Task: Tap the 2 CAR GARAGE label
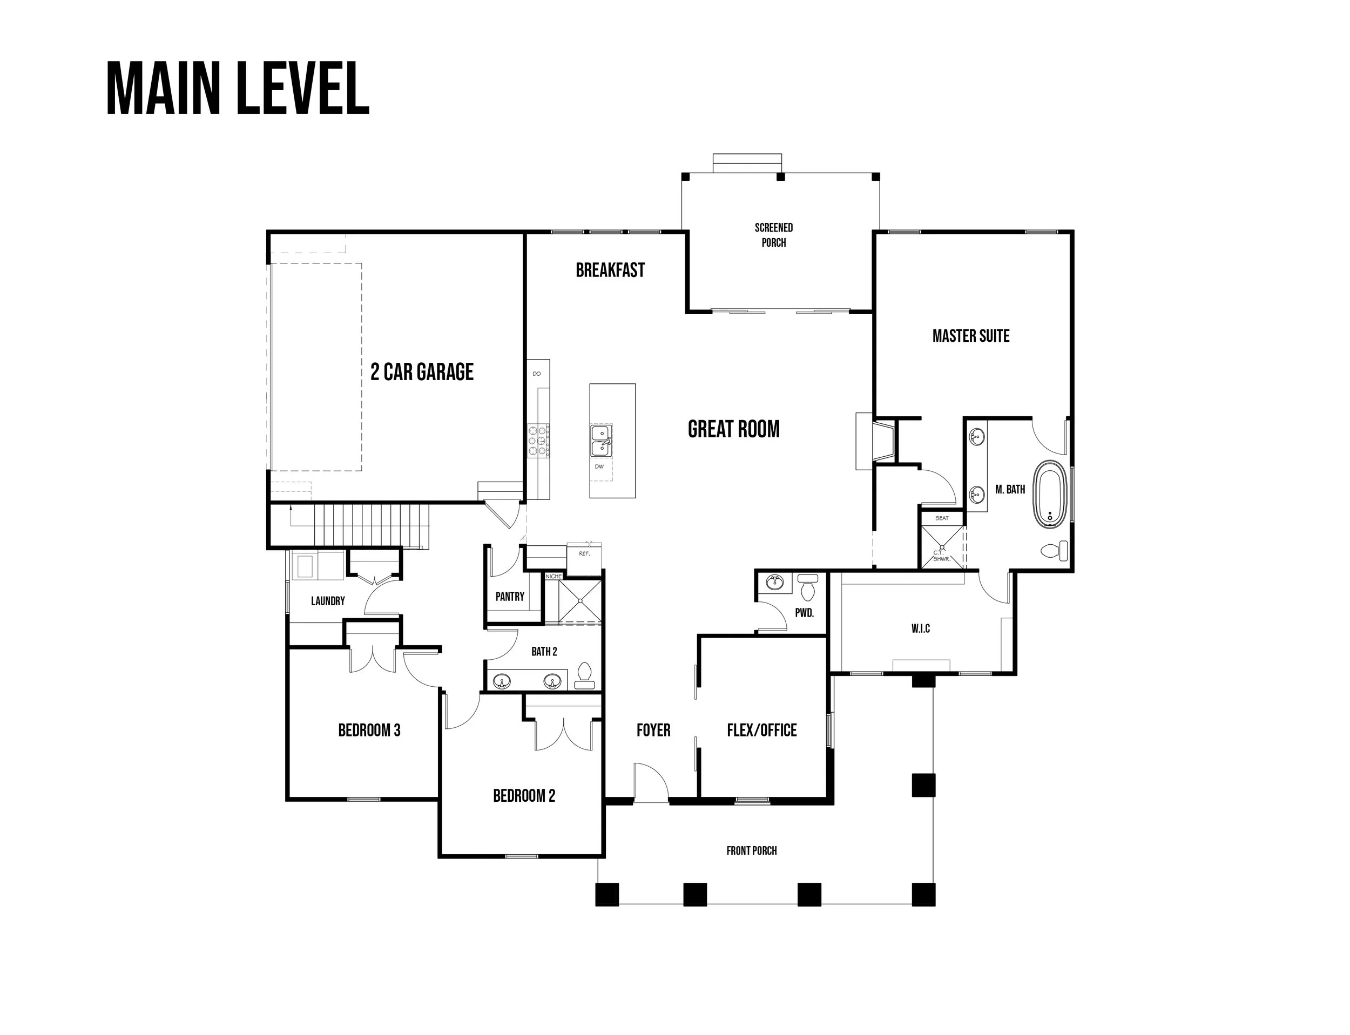[422, 371]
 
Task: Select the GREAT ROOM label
[733, 429]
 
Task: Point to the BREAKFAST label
[610, 270]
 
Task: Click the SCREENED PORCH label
[774, 235]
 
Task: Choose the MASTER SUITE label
[970, 336]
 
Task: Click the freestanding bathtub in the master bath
[1049, 494]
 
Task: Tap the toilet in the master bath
[1054, 550]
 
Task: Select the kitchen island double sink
[601, 441]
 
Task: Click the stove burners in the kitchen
[538, 441]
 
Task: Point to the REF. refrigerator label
[584, 553]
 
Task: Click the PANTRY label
[510, 597]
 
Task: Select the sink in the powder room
[773, 581]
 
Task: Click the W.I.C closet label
[921, 628]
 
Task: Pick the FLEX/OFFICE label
[761, 730]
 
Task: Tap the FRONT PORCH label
[752, 851]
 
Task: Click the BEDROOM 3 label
[369, 730]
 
